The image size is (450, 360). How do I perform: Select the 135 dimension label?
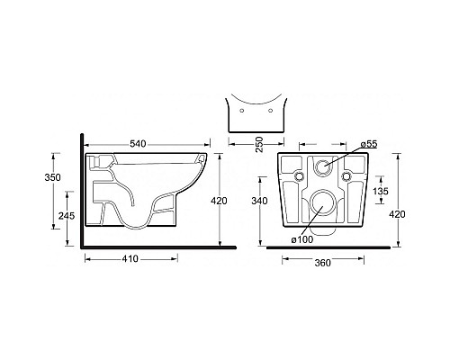click(x=380, y=191)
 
